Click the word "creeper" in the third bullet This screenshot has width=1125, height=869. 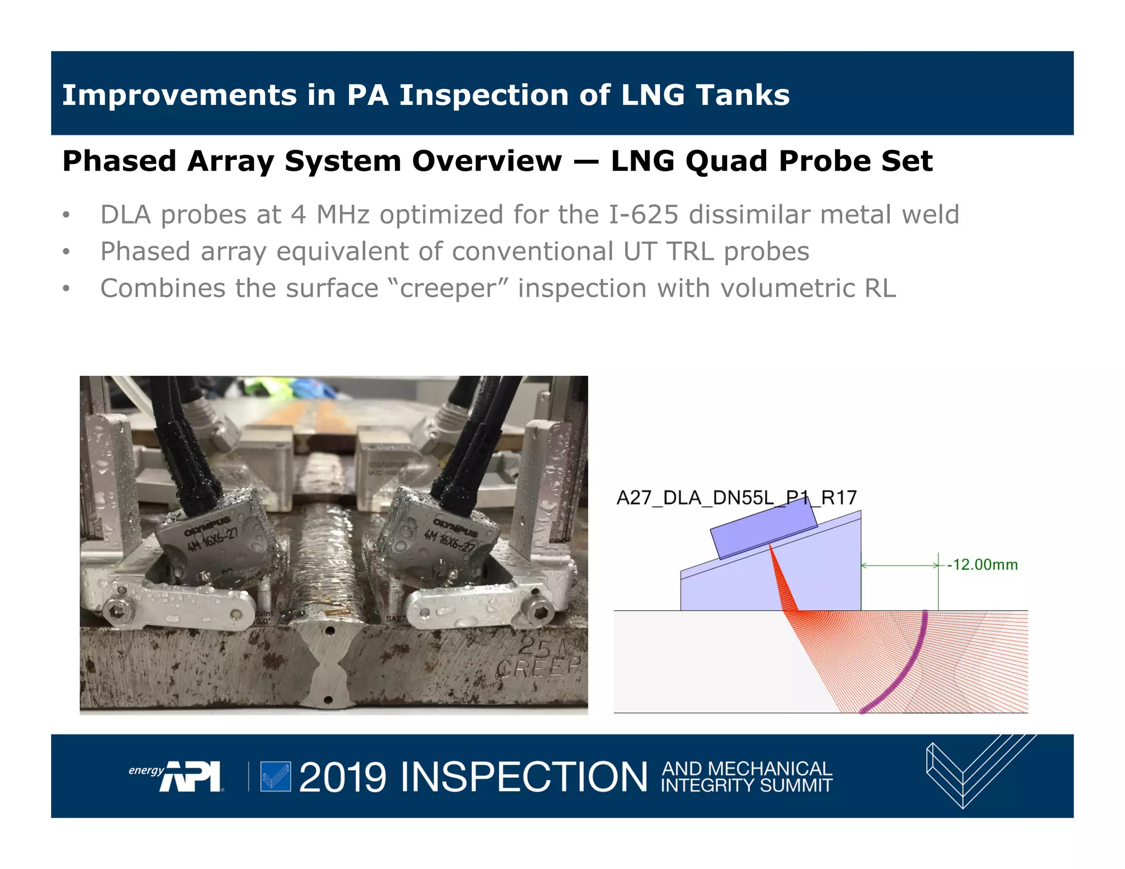coord(448,288)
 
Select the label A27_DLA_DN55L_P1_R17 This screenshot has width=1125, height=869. coord(736,498)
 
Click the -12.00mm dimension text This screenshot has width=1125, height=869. coord(982,565)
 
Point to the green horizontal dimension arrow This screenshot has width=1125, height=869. coord(899,565)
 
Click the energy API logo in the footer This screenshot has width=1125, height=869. coord(176,776)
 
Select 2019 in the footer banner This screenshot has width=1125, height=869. coord(343,777)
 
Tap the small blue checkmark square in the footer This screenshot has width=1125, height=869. coord(275,776)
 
